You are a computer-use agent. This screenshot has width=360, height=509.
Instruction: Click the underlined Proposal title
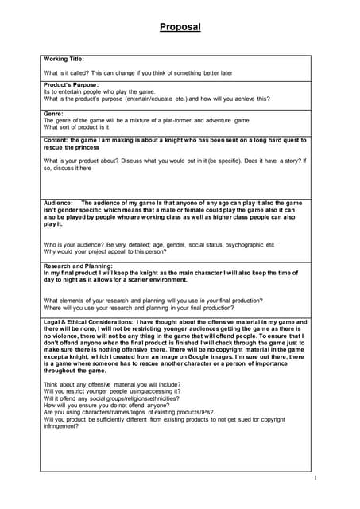coord(180,27)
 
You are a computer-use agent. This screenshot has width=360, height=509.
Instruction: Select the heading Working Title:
coord(64,59)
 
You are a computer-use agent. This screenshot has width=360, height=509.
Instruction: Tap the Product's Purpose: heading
coord(72,84)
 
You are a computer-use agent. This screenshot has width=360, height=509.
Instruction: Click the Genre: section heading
coord(53,114)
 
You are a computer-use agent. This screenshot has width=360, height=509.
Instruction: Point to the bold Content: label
coord(58,140)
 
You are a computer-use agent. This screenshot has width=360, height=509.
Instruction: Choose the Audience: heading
coord(60,203)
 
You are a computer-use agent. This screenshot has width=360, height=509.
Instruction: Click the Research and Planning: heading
coord(78,265)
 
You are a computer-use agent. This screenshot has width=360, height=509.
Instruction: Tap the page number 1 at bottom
coord(315,477)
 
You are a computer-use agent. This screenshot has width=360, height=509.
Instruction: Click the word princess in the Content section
coord(83,147)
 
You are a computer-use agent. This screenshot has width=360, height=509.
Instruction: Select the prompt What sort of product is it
coord(76,127)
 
